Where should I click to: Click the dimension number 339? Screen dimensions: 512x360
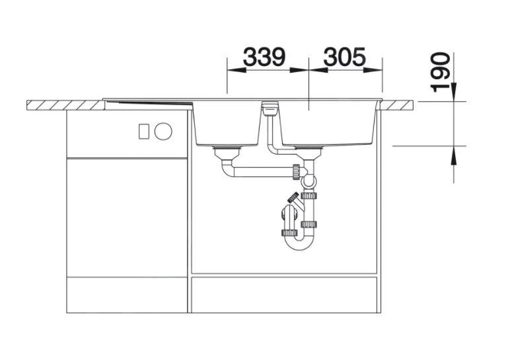pyautogui.click(x=264, y=57)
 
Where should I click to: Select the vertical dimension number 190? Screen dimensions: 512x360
pyautogui.click(x=441, y=73)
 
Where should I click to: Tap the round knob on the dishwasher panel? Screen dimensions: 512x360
pyautogui.click(x=163, y=131)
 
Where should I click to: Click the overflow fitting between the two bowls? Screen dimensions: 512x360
pyautogui.click(x=270, y=108)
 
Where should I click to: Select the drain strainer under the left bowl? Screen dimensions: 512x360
pyautogui.click(x=227, y=153)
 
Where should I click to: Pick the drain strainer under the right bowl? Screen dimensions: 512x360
pyautogui.click(x=308, y=153)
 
